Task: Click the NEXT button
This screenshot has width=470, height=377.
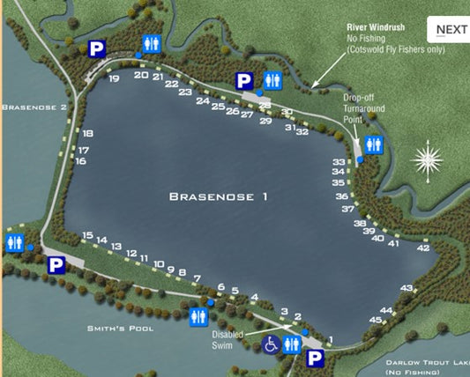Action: pyautogui.click(x=451, y=29)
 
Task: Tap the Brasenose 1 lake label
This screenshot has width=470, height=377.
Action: pyautogui.click(x=218, y=196)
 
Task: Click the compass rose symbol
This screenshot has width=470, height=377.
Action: pyautogui.click(x=429, y=160)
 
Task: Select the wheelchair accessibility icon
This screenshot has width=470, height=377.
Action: pyautogui.click(x=271, y=344)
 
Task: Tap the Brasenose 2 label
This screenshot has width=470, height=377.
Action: pyautogui.click(x=34, y=107)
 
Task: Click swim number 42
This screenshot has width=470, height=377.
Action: pyautogui.click(x=422, y=248)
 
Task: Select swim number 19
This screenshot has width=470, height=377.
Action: pyautogui.click(x=114, y=78)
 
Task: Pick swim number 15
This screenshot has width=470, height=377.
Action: pyautogui.click(x=86, y=235)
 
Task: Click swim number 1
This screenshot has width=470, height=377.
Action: pyautogui.click(x=331, y=339)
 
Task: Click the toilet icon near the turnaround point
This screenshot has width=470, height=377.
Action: pyautogui.click(x=374, y=144)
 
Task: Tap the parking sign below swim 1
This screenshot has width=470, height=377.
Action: pyautogui.click(x=314, y=358)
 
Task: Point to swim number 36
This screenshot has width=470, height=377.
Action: pyautogui.click(x=341, y=196)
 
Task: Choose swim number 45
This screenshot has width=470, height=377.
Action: pyautogui.click(x=375, y=320)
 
